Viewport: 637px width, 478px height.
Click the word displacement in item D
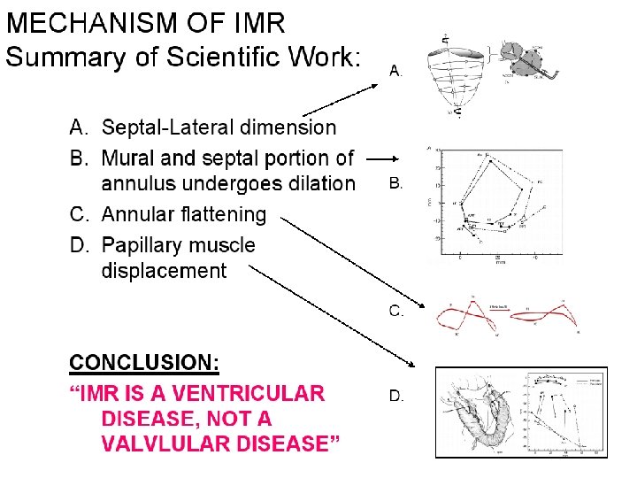(x=164, y=271)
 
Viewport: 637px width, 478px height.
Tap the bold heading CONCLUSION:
(x=144, y=363)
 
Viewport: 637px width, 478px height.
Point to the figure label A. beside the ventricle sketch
(x=396, y=71)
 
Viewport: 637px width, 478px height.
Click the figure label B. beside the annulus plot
(x=396, y=184)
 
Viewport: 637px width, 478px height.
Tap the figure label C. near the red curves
(x=396, y=311)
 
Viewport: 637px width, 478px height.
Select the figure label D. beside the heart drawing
(x=396, y=396)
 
